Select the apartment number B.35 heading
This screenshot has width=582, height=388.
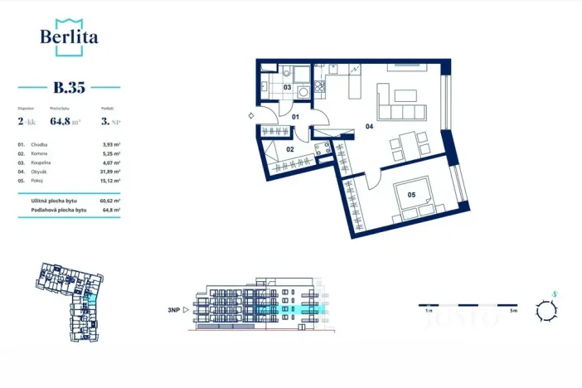point(69,86)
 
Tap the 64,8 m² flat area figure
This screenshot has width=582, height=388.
point(65,120)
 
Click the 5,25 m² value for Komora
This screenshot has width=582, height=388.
point(111,154)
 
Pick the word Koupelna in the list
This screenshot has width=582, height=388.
point(41,162)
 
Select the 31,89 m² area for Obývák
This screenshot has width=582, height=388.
point(109,172)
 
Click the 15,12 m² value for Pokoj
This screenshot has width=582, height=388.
point(109,180)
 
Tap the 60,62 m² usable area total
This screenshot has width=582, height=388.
point(109,201)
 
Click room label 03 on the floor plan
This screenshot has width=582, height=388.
point(287,86)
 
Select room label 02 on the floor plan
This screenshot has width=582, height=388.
point(290,149)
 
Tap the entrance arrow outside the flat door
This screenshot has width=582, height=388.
point(251,118)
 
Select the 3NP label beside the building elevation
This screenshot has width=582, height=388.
point(174,311)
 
